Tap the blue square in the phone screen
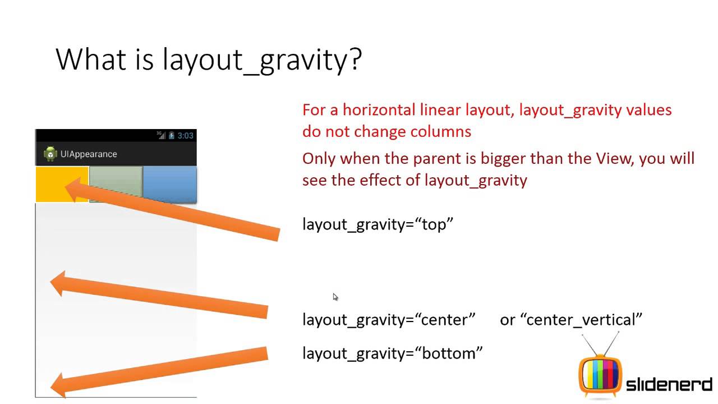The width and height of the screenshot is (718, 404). click(x=170, y=184)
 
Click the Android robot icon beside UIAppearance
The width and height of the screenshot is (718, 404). click(x=50, y=154)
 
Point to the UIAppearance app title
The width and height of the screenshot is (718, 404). click(x=89, y=154)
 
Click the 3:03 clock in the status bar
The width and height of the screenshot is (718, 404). click(x=185, y=136)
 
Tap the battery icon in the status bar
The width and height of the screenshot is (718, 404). click(x=172, y=135)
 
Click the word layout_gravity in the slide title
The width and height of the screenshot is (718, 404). click(x=252, y=59)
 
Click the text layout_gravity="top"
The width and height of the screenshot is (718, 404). click(x=378, y=224)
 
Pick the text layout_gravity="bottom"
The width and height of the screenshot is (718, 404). click(x=392, y=353)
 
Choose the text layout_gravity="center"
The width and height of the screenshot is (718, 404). click(x=389, y=320)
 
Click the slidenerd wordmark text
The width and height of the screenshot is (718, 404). click(x=669, y=385)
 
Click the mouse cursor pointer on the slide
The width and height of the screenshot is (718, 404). click(x=335, y=297)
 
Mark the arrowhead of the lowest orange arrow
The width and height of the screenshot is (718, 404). click(x=59, y=385)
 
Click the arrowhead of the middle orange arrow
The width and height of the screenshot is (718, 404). click(x=59, y=283)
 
